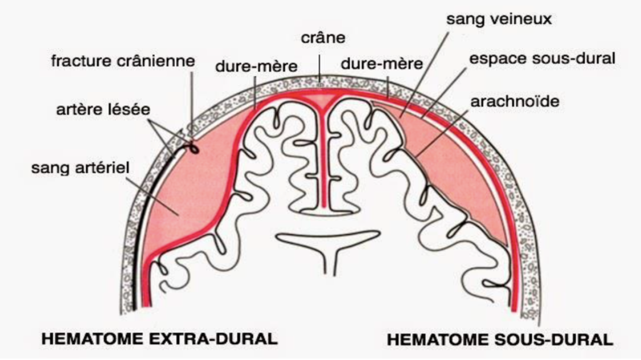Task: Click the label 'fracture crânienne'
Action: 123,60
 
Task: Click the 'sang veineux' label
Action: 499,19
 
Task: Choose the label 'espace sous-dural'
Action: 543,59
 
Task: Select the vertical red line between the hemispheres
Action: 323,165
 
